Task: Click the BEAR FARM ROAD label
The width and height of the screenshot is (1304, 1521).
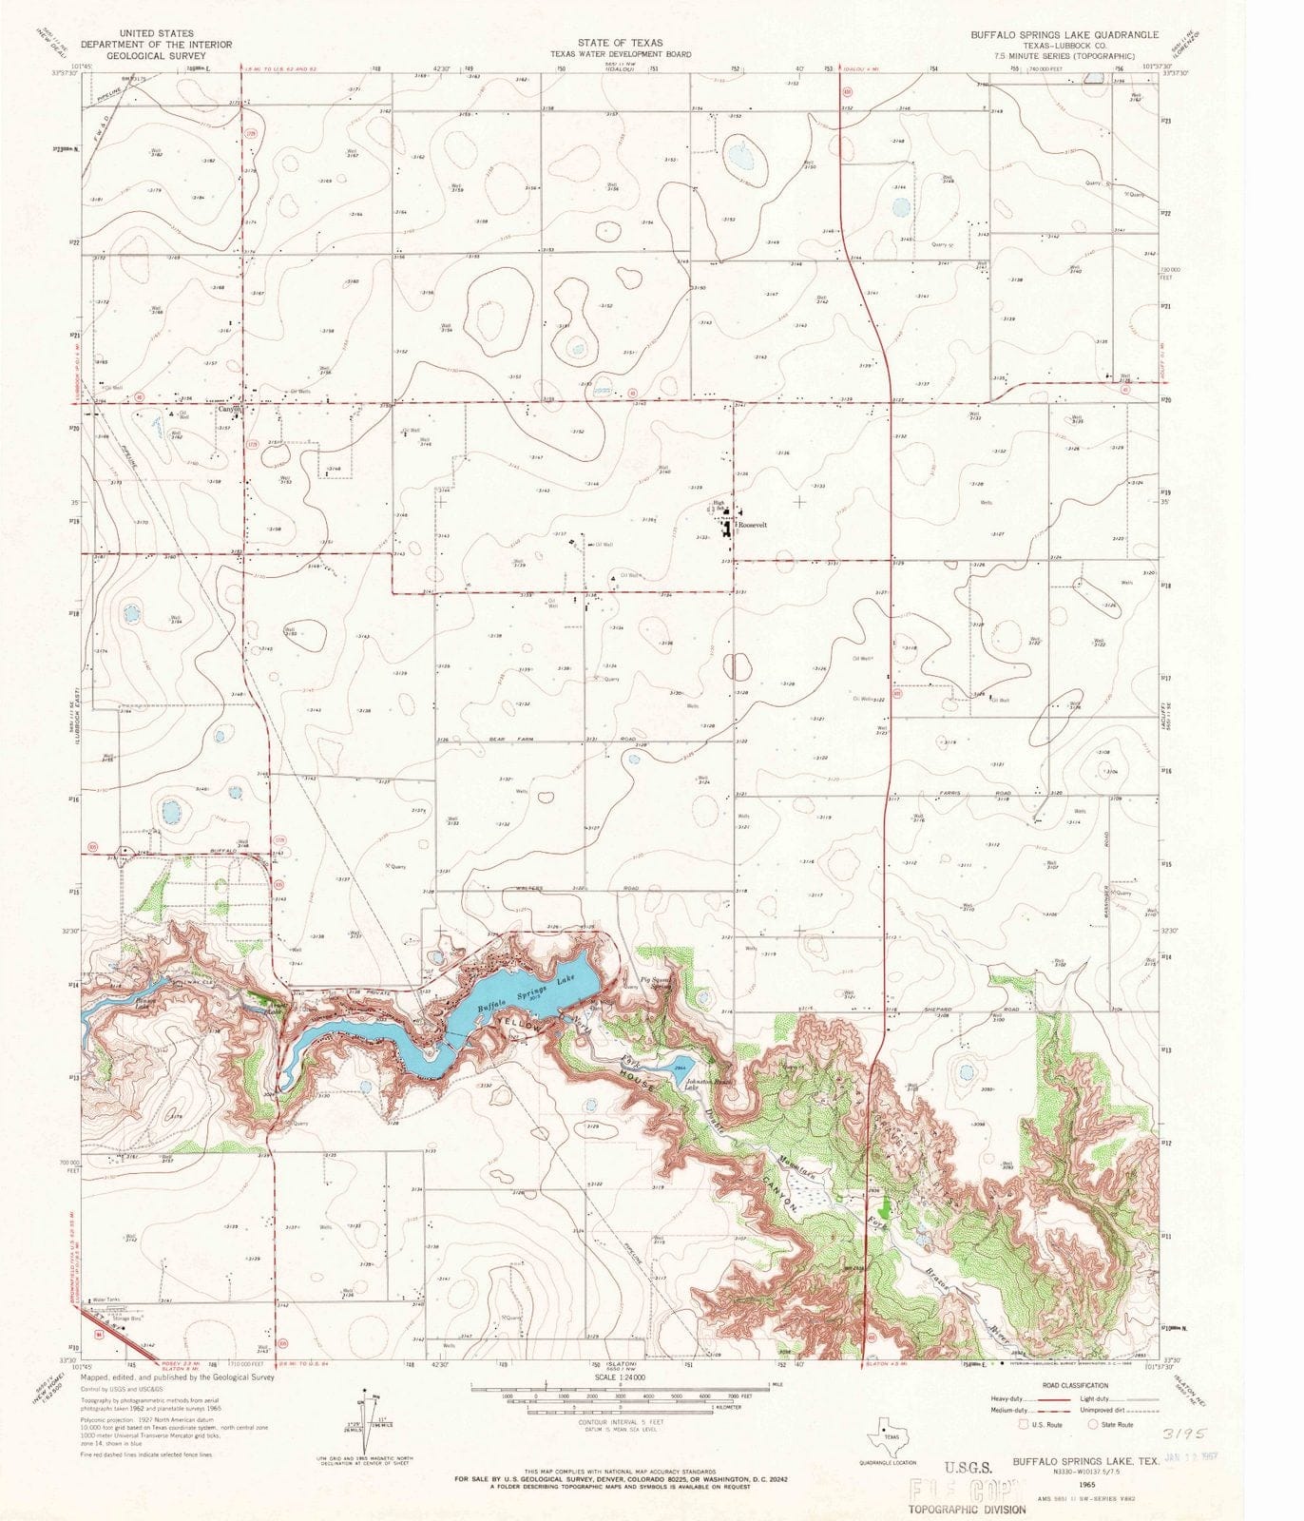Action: pyautogui.click(x=574, y=739)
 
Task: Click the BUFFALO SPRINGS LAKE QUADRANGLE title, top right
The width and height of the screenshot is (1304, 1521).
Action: pyautogui.click(x=1064, y=34)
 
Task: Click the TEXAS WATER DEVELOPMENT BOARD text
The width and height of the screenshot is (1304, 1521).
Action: pyautogui.click(x=620, y=54)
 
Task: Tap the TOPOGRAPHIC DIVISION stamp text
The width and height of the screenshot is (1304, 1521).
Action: pyautogui.click(x=966, y=1509)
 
